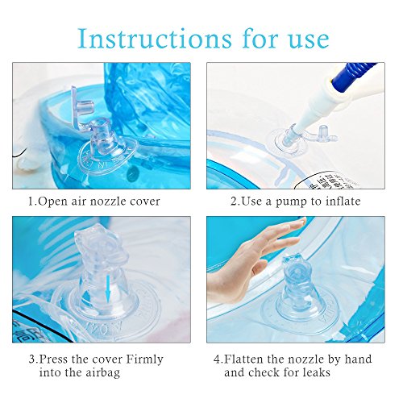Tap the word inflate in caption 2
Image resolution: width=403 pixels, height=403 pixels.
[339, 201]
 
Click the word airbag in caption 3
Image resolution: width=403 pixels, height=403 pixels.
[131, 372]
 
